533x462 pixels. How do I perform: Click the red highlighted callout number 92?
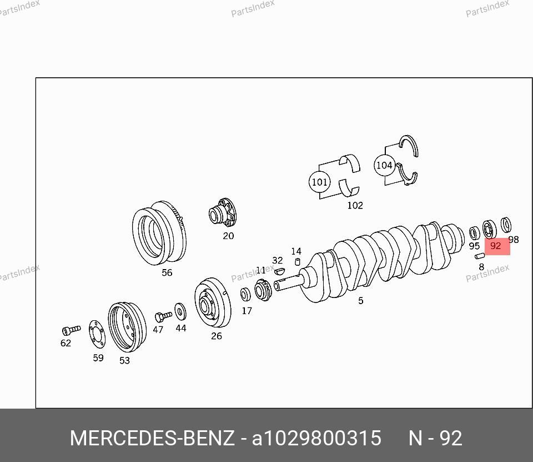pyautogui.click(x=496, y=246)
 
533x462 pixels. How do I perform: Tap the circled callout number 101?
pyautogui.click(x=319, y=182)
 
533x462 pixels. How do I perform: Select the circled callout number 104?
pyautogui.click(x=384, y=166)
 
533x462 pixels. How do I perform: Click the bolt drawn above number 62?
pyautogui.click(x=72, y=330)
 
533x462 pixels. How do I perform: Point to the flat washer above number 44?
pyautogui.click(x=180, y=311)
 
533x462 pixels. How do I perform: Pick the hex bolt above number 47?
pyautogui.click(x=163, y=317)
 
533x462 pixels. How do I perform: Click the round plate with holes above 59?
pyautogui.click(x=97, y=334)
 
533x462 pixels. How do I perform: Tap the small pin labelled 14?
pyautogui.click(x=298, y=261)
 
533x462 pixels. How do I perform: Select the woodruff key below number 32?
pyautogui.click(x=279, y=271)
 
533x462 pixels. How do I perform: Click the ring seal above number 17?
pyautogui.click(x=245, y=295)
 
